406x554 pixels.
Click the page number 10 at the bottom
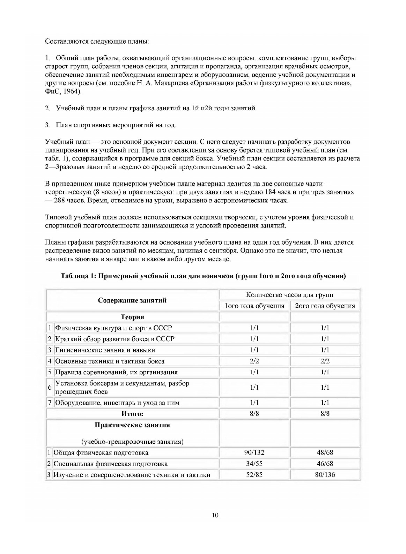click(215, 515)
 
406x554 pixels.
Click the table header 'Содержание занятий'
click(132, 300)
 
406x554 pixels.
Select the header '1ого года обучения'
click(254, 306)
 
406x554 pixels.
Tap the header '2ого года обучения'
click(325, 306)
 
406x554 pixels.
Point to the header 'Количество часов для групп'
click(289, 295)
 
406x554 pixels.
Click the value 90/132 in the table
click(254, 452)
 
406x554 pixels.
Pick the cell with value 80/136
click(325, 474)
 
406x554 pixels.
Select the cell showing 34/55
click(254, 464)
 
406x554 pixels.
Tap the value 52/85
click(254, 474)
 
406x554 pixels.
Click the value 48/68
click(325, 452)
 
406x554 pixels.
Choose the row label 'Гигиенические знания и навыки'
click(105, 350)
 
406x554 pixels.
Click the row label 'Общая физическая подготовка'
click(101, 452)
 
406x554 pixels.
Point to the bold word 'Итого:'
click(132, 414)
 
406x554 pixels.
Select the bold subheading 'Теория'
click(132, 317)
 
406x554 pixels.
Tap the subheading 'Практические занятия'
click(132, 425)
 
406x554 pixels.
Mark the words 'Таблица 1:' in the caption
click(78, 276)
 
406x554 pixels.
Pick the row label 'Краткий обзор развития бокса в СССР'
click(115, 339)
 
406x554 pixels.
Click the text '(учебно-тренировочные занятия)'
click(132, 441)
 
